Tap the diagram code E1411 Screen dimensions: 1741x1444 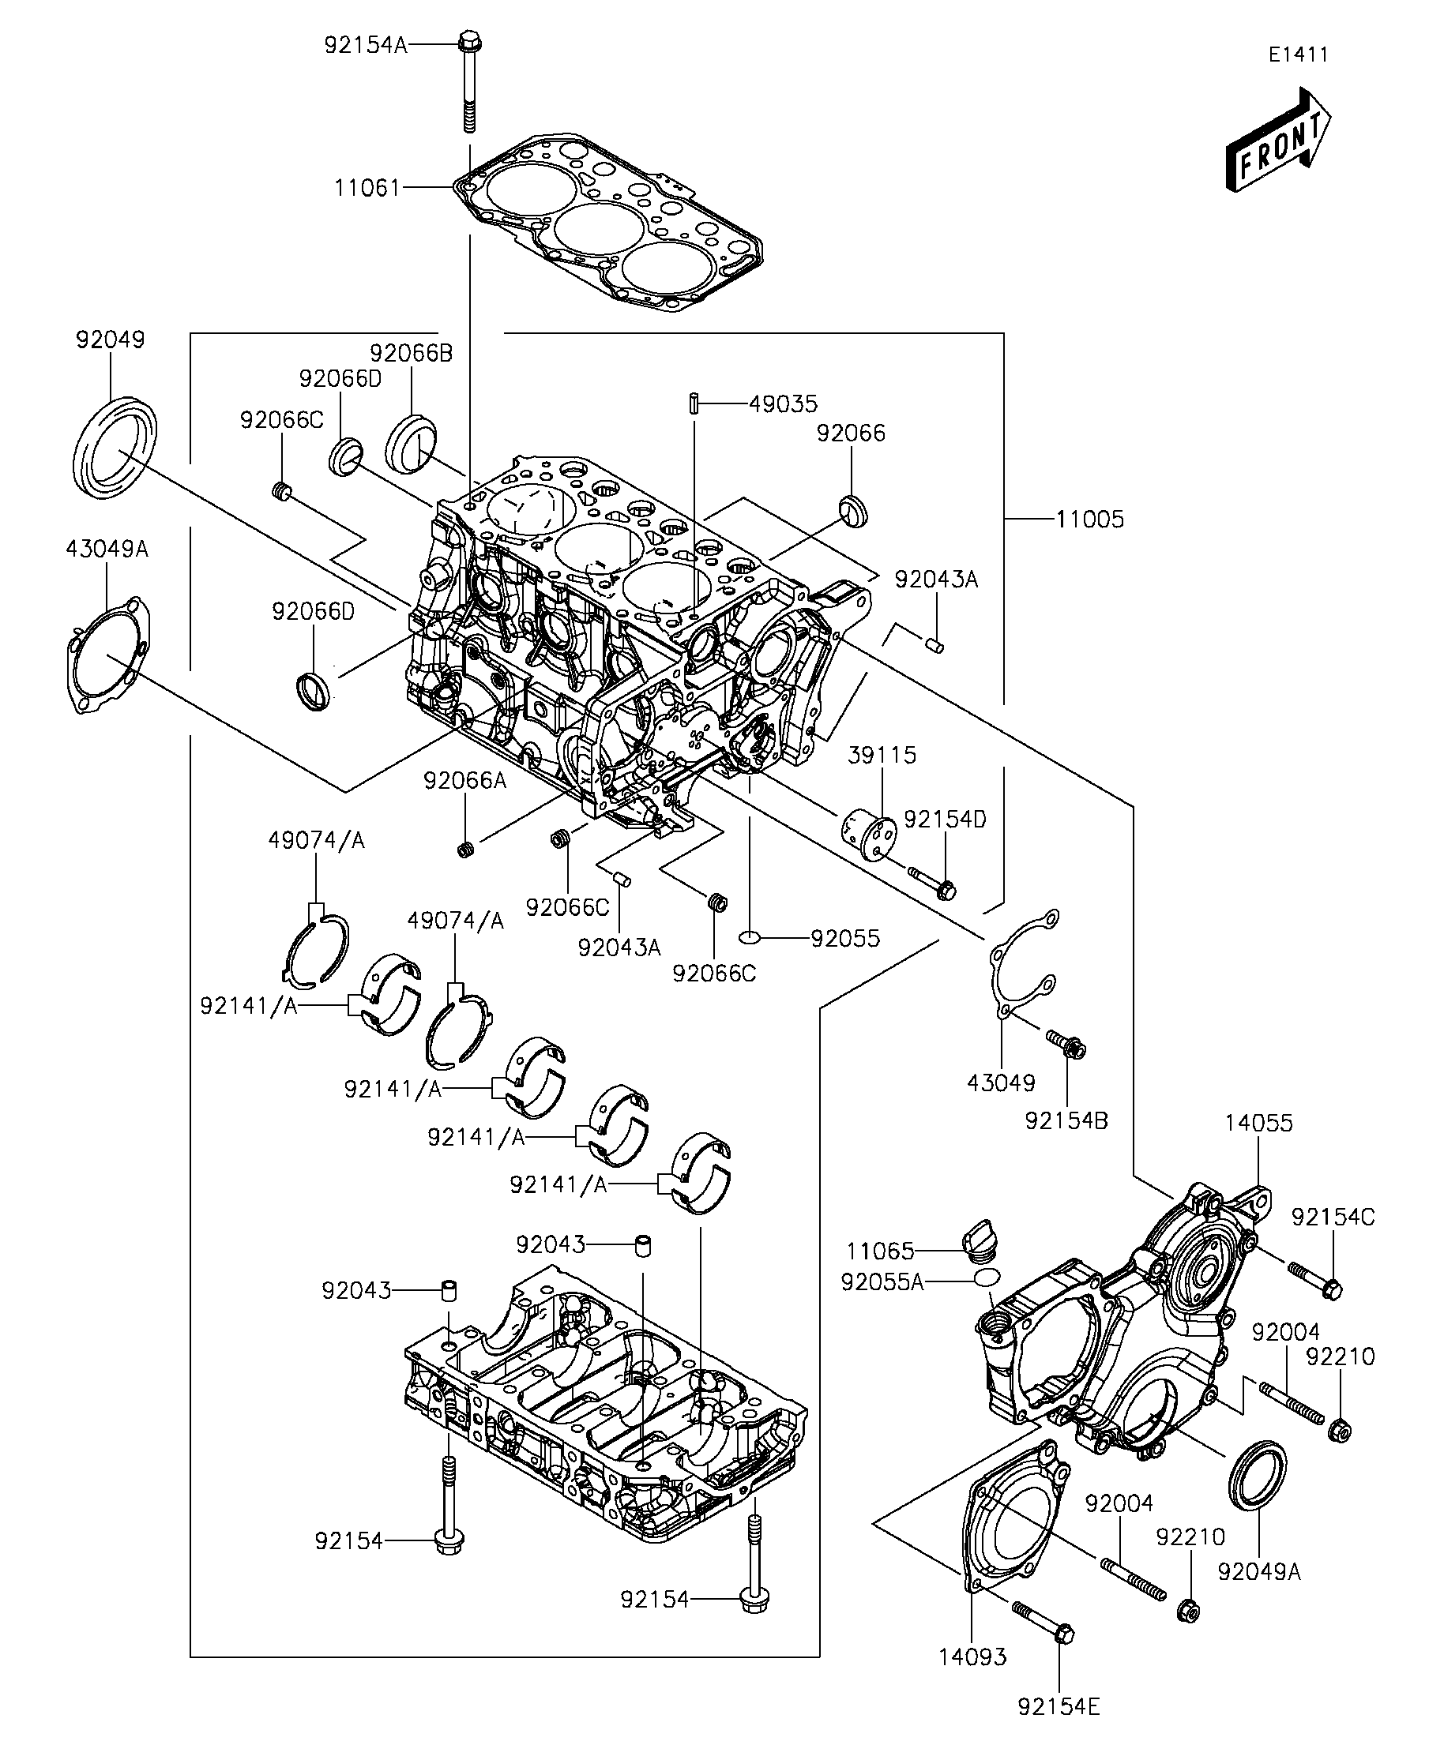pos(1298,54)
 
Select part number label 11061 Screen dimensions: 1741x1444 pos(367,188)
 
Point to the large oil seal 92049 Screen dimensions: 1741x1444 pos(115,448)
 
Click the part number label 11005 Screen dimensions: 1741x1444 pos(1090,520)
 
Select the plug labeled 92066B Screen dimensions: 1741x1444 pos(412,446)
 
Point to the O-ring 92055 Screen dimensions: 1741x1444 pos(749,938)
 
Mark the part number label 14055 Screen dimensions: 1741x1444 pos(1258,1124)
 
